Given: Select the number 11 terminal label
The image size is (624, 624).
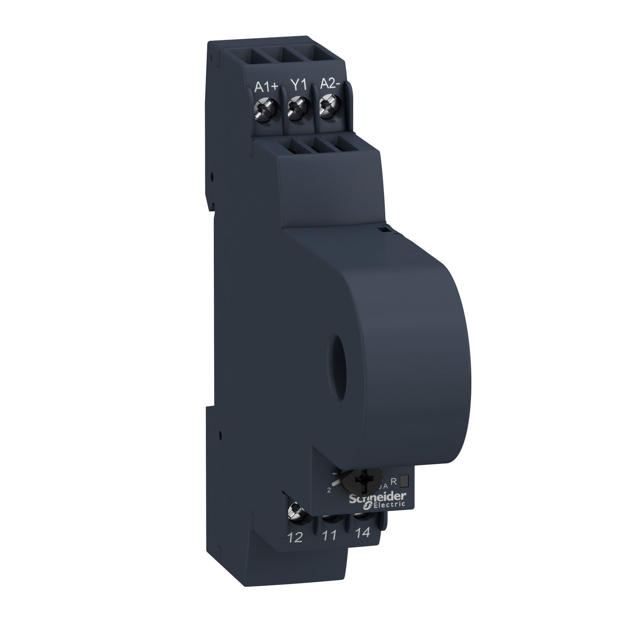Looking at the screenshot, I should click(x=329, y=536).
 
